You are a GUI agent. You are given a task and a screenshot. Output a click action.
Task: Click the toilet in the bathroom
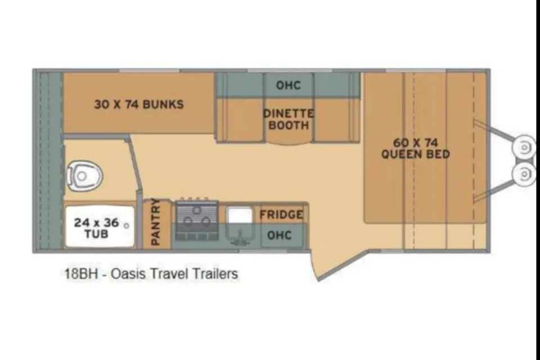[x=84, y=176]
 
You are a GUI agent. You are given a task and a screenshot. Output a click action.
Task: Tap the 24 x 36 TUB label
[x=96, y=228]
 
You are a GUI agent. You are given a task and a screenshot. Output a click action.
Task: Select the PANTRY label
[x=156, y=222]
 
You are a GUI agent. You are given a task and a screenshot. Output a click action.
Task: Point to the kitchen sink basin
[x=240, y=215]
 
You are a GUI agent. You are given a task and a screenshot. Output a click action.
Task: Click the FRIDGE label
[x=281, y=215]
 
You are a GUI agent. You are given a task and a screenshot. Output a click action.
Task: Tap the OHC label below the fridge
[x=280, y=235]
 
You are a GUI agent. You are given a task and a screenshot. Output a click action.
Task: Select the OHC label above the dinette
[x=288, y=85]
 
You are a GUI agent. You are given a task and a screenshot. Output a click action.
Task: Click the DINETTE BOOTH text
[x=289, y=119]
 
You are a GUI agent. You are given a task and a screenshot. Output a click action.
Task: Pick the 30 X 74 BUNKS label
[x=139, y=104]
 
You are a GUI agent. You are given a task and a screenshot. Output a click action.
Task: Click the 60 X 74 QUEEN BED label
[x=416, y=148]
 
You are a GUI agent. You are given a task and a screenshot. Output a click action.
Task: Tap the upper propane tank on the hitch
[x=524, y=147]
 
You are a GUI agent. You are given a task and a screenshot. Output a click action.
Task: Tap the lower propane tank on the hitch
[x=524, y=174]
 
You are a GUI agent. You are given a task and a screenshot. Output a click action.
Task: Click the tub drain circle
[x=127, y=226]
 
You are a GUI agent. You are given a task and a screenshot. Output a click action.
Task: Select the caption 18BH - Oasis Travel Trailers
[x=151, y=274]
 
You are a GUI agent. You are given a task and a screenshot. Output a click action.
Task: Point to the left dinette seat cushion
[x=240, y=119]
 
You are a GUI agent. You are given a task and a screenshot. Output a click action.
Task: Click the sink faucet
[x=240, y=238]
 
